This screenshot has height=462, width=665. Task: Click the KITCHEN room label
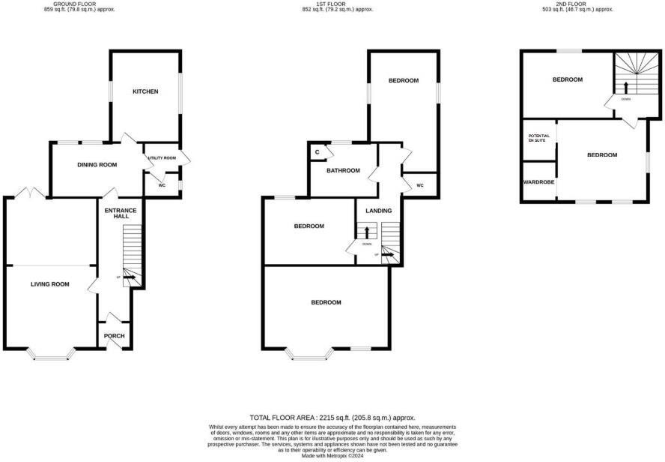tap(145, 91)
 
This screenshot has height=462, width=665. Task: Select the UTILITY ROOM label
tap(161, 158)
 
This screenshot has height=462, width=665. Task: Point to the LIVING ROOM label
tap(49, 284)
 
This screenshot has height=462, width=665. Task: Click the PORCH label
tap(115, 335)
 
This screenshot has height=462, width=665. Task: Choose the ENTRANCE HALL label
tap(120, 213)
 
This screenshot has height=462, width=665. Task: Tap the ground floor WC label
tap(161, 184)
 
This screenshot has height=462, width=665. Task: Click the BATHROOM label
tap(343, 170)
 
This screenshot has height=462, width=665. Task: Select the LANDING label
tap(378, 211)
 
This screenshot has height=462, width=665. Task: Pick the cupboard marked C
tap(318, 152)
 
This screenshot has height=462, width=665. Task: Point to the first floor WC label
tap(419, 184)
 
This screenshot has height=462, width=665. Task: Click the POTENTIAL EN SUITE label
tap(539, 138)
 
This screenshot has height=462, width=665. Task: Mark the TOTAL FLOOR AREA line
tap(332, 417)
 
